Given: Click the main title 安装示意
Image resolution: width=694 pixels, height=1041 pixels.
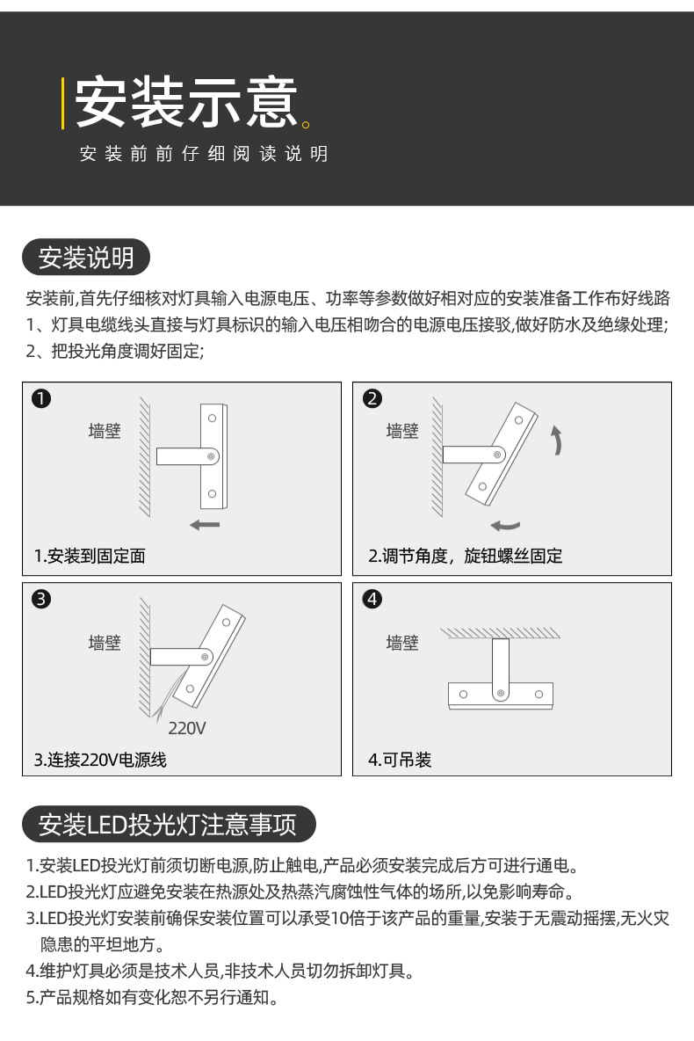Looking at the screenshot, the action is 186,102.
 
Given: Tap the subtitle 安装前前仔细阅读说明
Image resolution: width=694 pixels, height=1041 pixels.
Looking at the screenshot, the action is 204,154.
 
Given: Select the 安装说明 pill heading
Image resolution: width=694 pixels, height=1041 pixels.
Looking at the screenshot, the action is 86,257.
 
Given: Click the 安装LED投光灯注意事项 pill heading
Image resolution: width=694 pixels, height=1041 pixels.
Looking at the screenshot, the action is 169,824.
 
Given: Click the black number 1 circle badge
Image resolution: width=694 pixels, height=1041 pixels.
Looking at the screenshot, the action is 41,398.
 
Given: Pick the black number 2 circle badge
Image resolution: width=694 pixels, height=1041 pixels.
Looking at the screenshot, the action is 372,398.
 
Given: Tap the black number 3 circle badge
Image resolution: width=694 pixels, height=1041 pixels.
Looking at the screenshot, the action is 41,599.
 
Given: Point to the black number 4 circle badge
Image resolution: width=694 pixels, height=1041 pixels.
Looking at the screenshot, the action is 372,599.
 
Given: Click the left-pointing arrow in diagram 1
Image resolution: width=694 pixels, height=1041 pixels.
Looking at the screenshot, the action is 205,525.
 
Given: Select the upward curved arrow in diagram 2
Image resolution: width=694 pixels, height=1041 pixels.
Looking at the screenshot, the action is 558,440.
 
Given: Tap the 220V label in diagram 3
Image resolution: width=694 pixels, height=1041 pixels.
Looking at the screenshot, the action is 186,728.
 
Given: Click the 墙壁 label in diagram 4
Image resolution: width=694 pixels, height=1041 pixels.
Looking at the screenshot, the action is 402,642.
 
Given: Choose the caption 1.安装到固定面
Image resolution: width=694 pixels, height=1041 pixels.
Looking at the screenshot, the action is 90,556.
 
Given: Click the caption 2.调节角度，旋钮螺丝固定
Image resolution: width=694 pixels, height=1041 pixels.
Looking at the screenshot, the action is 465,556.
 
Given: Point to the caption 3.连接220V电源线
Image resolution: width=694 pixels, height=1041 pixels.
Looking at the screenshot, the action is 100,759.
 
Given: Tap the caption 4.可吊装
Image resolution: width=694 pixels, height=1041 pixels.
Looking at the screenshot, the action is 400,759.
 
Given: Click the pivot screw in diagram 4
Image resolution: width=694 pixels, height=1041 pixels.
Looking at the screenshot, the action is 500,694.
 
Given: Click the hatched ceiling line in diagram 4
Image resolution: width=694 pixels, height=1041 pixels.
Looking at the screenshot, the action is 500,633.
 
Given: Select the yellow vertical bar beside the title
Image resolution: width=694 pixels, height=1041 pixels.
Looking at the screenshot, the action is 62,103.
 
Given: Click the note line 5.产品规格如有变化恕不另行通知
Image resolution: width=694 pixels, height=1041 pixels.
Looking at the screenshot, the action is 152,997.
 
